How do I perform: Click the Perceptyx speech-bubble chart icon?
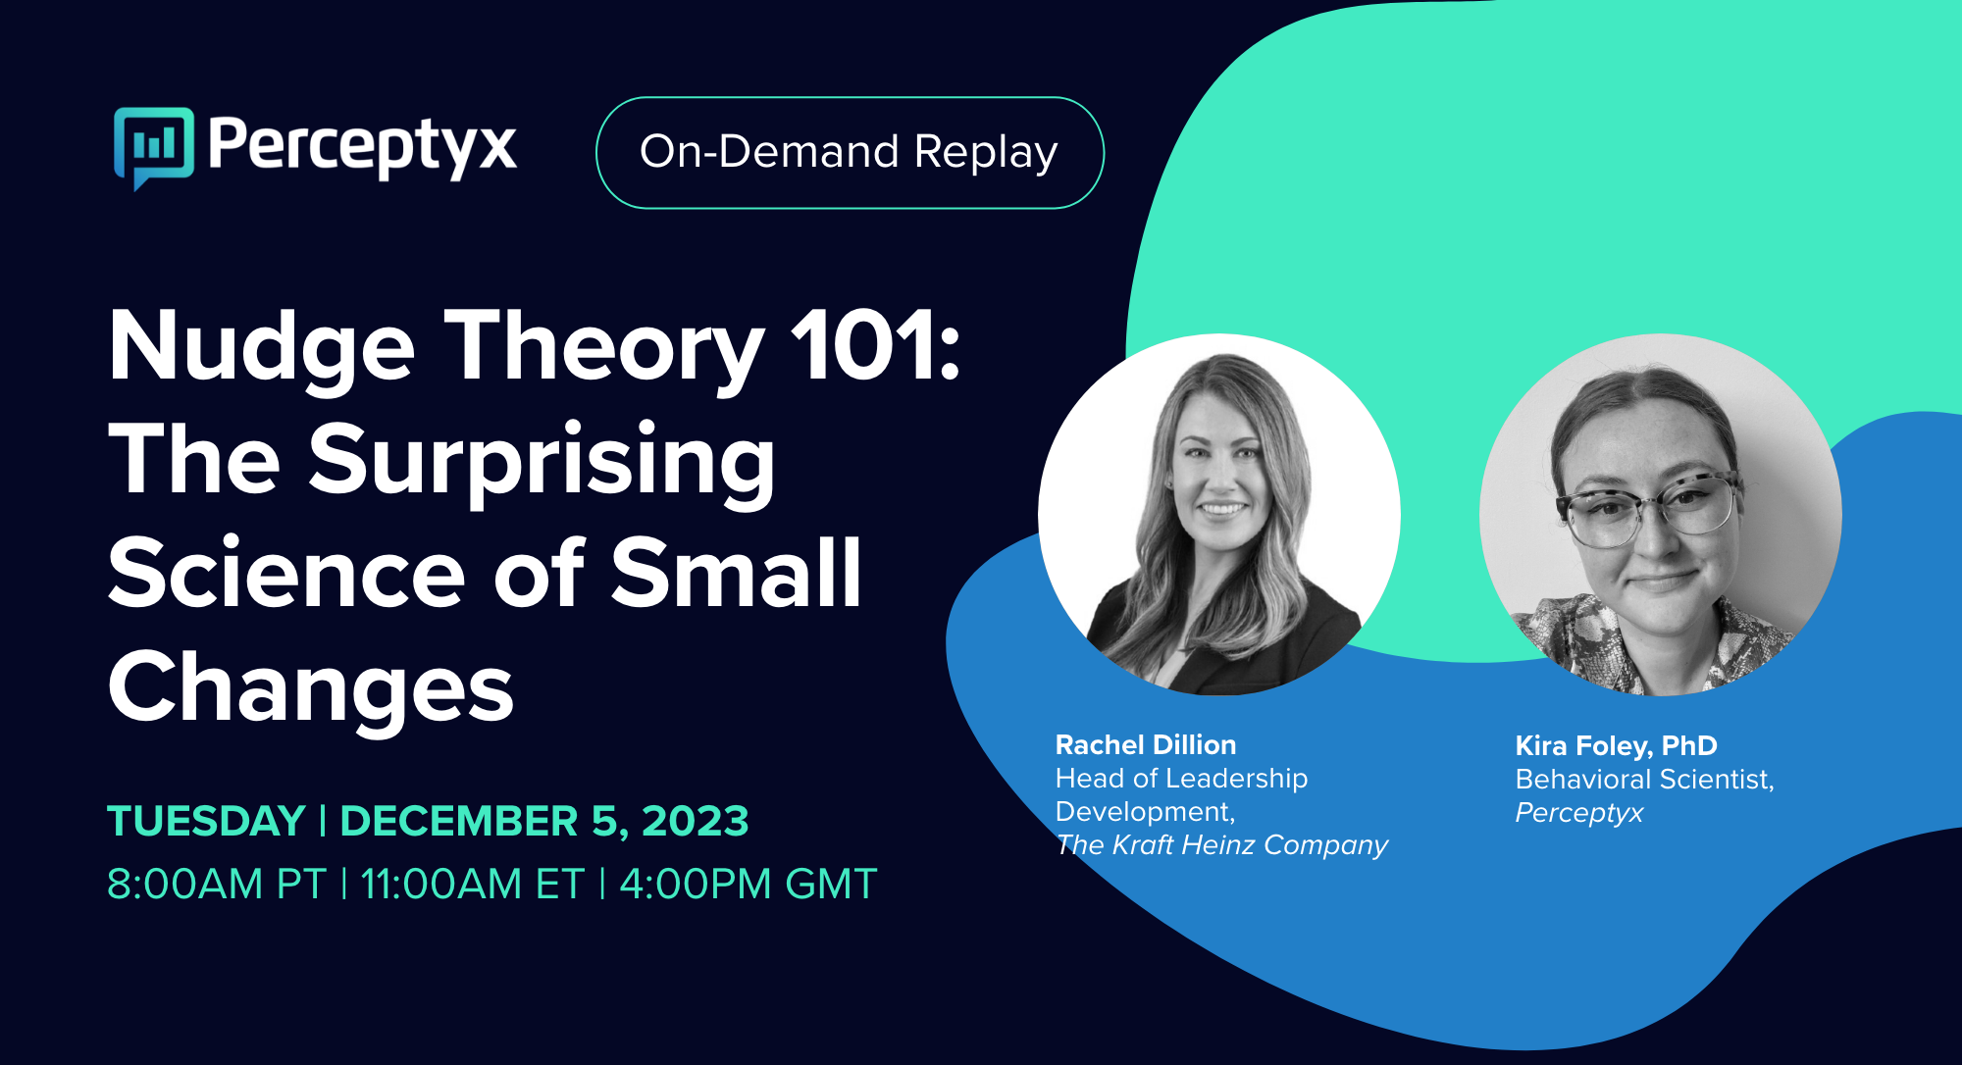pos(154,146)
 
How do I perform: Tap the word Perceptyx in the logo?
pos(362,147)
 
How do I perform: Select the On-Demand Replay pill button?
pos(850,153)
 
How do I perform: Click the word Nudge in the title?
pos(262,347)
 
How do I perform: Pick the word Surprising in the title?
pos(542,461)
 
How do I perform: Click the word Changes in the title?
pos(311,688)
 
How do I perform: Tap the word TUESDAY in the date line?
pos(207,821)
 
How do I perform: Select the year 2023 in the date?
pos(695,821)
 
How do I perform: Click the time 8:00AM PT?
pos(216,884)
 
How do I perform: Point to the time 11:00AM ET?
pos(472,884)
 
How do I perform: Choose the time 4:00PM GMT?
pos(748,884)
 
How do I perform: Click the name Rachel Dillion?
pos(1145,745)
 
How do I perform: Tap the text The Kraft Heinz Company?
pos(1221,845)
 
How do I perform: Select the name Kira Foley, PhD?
pos(1616,746)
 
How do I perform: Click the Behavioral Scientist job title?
pos(1644,780)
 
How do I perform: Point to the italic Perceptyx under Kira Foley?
pos(1578,813)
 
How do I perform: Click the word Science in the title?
pos(286,575)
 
